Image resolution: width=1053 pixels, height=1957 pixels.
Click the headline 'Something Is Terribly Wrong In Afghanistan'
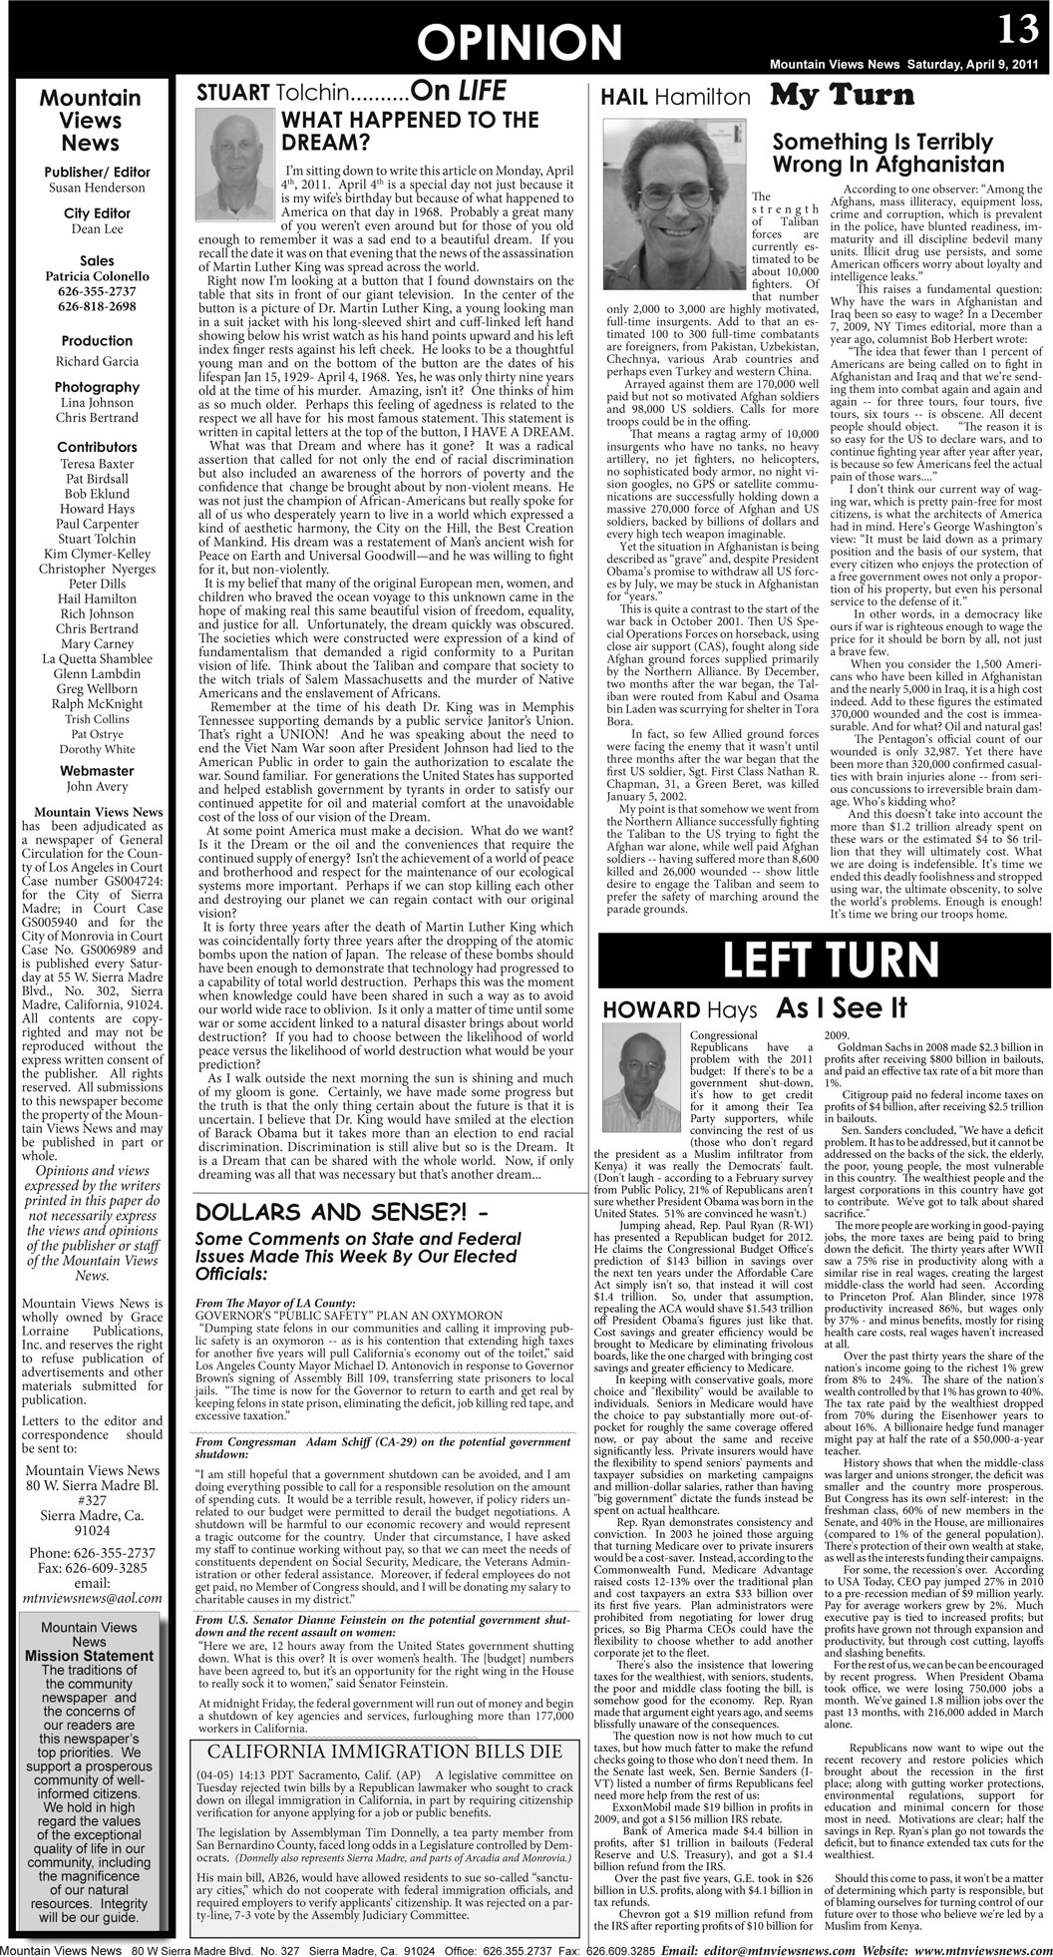[888, 153]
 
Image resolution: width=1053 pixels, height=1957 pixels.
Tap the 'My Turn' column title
[843, 96]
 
